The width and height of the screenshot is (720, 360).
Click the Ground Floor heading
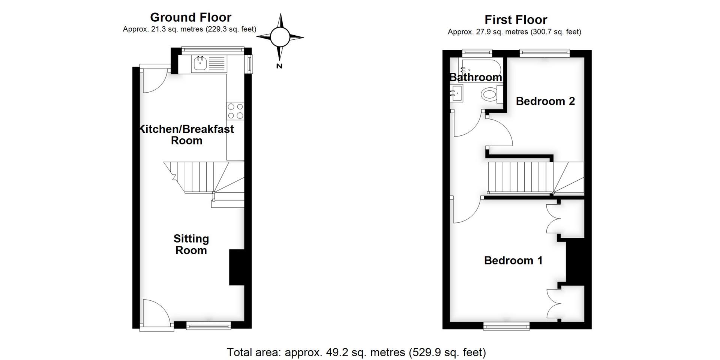click(x=190, y=17)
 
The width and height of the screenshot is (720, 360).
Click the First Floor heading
click(x=516, y=19)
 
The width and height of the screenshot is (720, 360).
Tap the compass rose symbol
click(x=280, y=37)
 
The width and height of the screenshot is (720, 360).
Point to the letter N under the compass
click(x=279, y=66)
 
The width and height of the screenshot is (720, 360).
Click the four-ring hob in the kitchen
click(x=235, y=111)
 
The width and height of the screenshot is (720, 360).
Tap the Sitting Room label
click(x=191, y=244)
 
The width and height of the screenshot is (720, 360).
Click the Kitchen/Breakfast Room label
click(x=186, y=135)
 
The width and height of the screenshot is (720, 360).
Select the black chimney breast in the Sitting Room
click(x=237, y=267)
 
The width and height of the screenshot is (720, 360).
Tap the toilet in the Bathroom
click(x=492, y=94)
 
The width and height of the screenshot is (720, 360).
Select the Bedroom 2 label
click(x=545, y=101)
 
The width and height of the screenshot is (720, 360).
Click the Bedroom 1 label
click(x=513, y=260)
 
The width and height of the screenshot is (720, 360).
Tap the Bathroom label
click(x=475, y=77)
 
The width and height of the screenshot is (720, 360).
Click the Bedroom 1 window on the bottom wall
click(x=507, y=326)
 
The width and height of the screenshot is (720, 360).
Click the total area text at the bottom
click(x=356, y=352)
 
